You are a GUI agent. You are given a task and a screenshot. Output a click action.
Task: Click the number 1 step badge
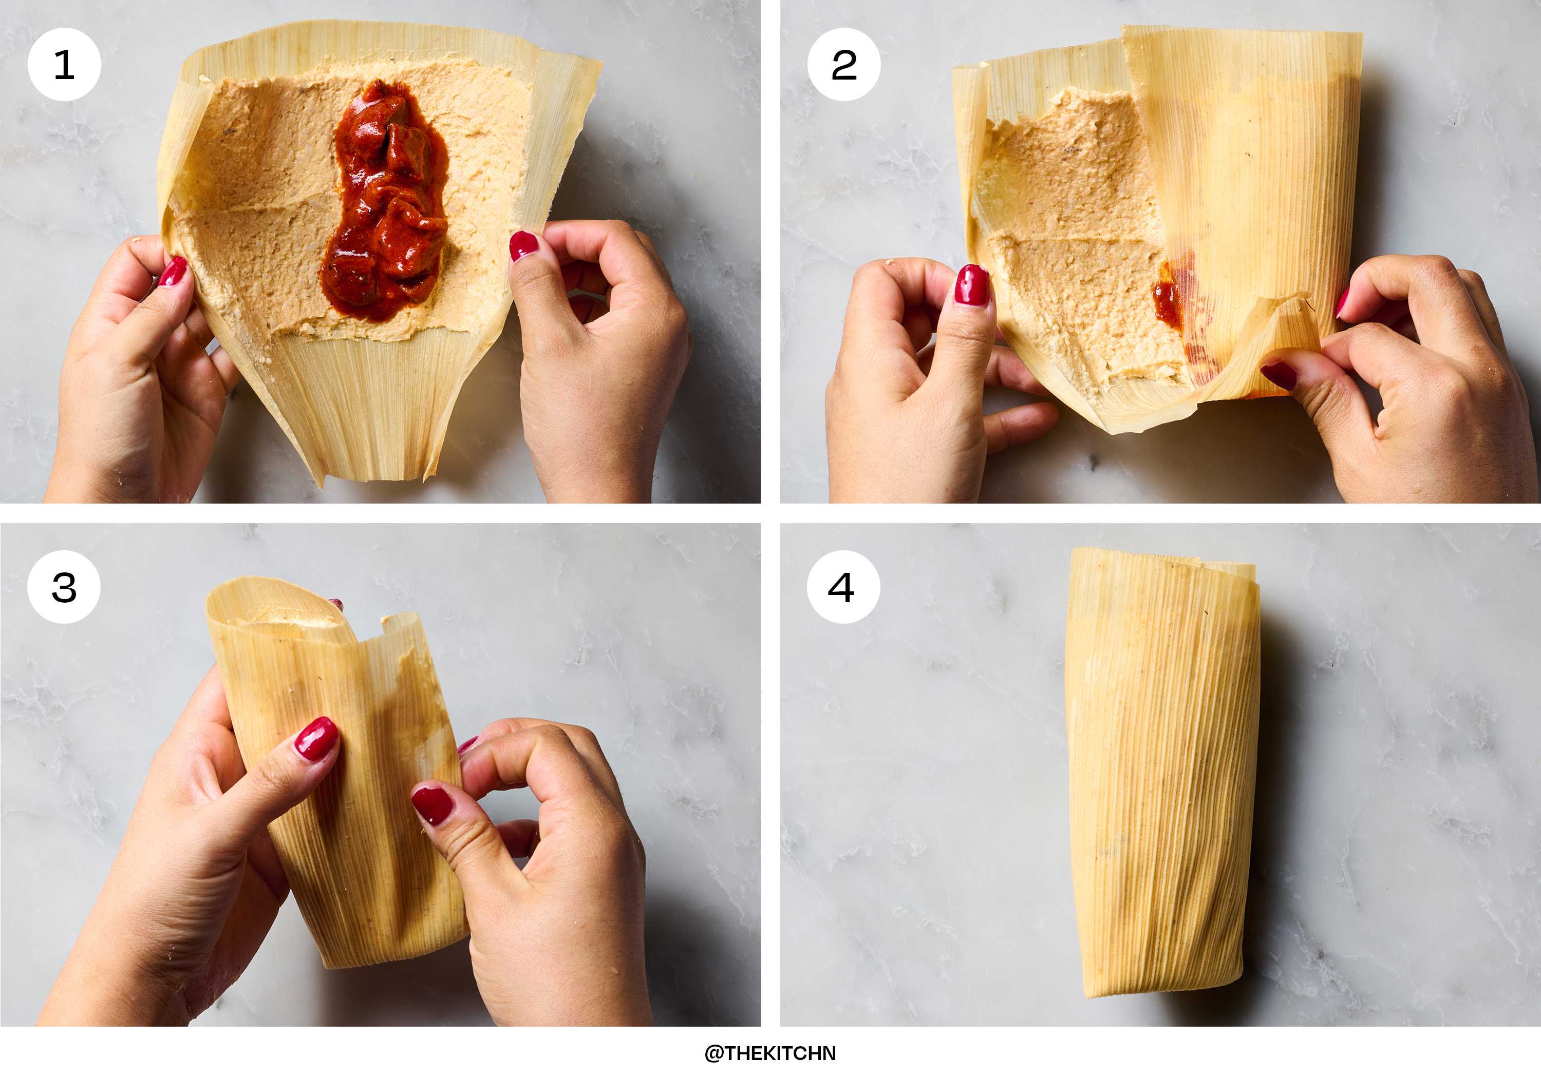pyautogui.click(x=64, y=64)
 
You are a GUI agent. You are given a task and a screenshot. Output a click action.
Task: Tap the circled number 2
pyautogui.click(x=843, y=64)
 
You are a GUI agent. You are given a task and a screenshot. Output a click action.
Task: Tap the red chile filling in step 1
pyautogui.click(x=386, y=201)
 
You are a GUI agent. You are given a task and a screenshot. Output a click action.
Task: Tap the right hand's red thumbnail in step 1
pyautogui.click(x=523, y=245)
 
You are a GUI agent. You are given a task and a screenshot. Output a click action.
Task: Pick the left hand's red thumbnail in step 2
pyautogui.click(x=972, y=285)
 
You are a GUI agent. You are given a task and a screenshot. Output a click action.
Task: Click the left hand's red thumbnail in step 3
pyautogui.click(x=316, y=739)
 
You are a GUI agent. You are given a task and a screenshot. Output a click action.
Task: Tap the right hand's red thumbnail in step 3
pyautogui.click(x=432, y=805)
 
